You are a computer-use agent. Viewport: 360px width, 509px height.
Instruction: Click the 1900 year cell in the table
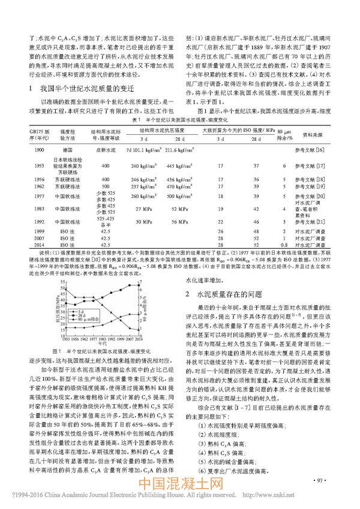coord(23,148)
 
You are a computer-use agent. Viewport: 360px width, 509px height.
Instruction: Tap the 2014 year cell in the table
coord(23,245)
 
